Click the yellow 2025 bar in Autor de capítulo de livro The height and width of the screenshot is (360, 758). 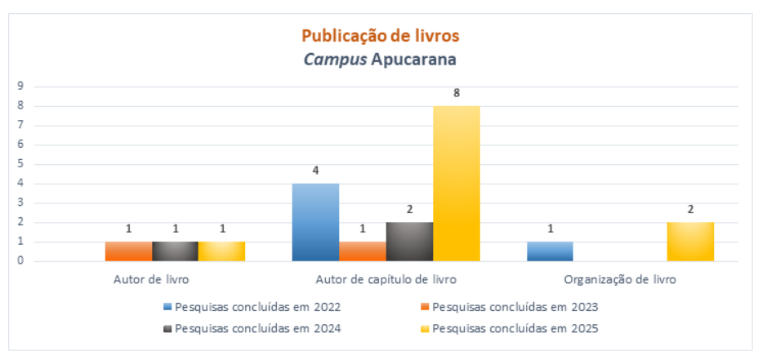(x=457, y=184)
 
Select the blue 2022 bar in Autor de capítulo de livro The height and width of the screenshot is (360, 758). (x=315, y=222)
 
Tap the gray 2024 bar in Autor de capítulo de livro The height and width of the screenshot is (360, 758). (x=409, y=242)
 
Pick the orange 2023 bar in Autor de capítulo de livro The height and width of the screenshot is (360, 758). (x=363, y=251)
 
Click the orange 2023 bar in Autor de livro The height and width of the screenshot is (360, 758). (x=128, y=251)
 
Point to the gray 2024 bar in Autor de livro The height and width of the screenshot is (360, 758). (x=175, y=251)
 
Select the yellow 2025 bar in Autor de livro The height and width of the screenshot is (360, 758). (x=221, y=251)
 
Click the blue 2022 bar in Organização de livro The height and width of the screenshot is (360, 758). (x=550, y=251)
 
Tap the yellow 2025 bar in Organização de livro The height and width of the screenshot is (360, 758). (x=690, y=242)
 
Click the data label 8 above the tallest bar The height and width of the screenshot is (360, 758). (x=457, y=93)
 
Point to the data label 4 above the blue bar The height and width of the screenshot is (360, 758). (x=315, y=171)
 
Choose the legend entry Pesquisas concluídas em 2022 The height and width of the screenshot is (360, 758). (x=252, y=308)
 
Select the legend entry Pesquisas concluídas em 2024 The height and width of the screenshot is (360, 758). (x=252, y=329)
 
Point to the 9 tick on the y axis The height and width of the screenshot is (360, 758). (x=20, y=87)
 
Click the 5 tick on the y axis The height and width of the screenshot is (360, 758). (x=20, y=164)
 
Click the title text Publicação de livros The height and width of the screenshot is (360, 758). (x=381, y=36)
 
